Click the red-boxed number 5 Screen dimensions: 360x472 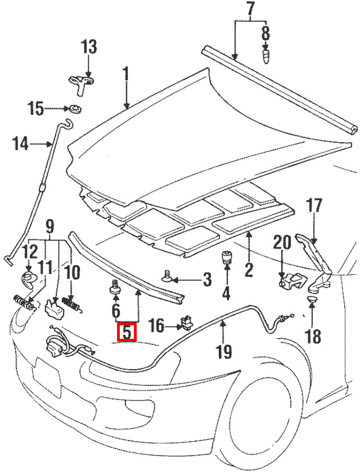pyautogui.click(x=127, y=332)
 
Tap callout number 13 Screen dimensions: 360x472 pyautogui.click(x=89, y=47)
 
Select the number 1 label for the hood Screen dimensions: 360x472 pyautogui.click(x=125, y=78)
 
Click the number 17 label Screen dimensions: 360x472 pyautogui.click(x=314, y=206)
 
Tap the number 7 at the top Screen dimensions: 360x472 pyautogui.click(x=250, y=10)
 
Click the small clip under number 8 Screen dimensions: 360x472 pyautogui.click(x=265, y=56)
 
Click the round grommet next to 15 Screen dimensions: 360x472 pyautogui.click(x=74, y=109)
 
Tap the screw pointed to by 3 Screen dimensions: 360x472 pyautogui.click(x=167, y=276)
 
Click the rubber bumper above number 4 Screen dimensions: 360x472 pyautogui.click(x=226, y=257)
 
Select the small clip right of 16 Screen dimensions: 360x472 pyautogui.click(x=187, y=323)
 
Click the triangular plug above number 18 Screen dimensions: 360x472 pyautogui.click(x=312, y=299)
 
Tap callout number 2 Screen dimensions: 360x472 pyautogui.click(x=248, y=268)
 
